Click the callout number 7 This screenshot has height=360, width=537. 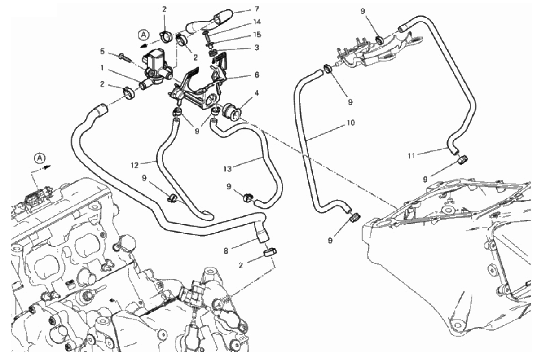(256, 9)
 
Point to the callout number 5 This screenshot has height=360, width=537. (103, 52)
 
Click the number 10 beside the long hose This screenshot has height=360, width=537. (350, 122)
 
